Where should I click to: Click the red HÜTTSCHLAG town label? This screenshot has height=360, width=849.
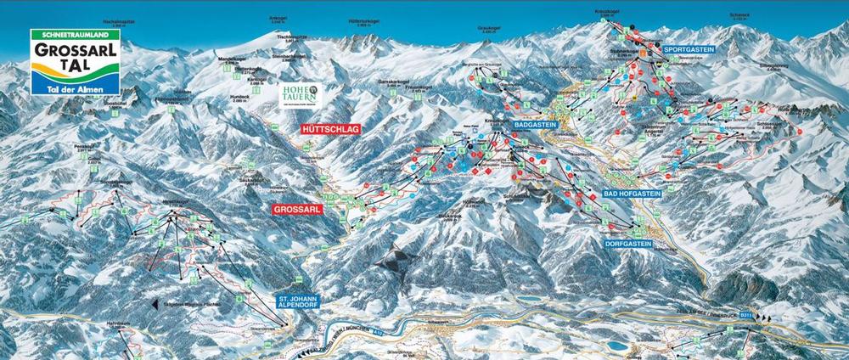pos(330,128)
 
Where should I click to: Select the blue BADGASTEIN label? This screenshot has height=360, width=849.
pos(535,124)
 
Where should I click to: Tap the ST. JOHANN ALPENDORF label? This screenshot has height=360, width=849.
pos(301,303)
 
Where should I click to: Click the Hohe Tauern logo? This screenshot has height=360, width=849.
pos(301,95)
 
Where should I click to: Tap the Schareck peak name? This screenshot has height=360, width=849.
pos(739,14)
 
